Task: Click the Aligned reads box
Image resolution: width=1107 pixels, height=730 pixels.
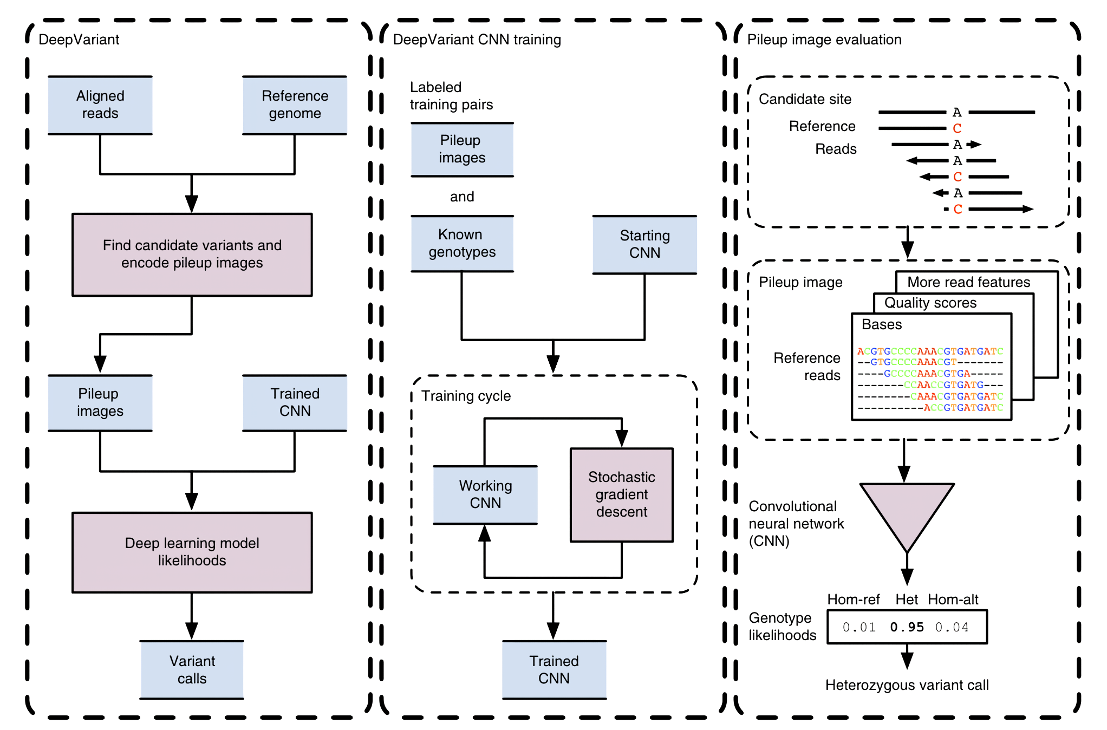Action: point(100,105)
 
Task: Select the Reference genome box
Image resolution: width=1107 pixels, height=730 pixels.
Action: point(295,105)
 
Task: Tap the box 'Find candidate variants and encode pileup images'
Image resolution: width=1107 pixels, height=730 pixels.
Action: point(192,255)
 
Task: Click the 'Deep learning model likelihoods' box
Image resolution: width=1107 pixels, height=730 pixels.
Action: point(192,552)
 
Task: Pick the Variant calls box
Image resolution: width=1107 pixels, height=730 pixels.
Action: point(192,670)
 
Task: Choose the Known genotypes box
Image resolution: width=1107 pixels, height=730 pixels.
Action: point(462,244)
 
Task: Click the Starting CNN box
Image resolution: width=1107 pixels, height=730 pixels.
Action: point(644,245)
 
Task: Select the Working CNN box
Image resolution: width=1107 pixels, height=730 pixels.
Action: point(485,495)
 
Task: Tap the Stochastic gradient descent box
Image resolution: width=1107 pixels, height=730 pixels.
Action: point(622,495)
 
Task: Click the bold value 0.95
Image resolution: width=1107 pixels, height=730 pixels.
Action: point(907,627)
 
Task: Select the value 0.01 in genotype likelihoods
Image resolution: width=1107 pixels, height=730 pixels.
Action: point(859,627)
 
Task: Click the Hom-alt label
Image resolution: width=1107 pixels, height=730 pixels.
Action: point(953,599)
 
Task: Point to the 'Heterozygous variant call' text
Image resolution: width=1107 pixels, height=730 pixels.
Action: point(907,685)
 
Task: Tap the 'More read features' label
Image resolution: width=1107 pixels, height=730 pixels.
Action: point(969,282)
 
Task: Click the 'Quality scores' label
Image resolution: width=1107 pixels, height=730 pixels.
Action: point(930,303)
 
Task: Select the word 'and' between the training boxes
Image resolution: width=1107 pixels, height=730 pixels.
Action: point(462,197)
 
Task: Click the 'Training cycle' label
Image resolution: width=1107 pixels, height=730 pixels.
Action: point(466,396)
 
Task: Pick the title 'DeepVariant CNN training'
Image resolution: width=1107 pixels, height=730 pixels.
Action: point(477,40)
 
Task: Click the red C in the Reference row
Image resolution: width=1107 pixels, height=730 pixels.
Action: point(957,128)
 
